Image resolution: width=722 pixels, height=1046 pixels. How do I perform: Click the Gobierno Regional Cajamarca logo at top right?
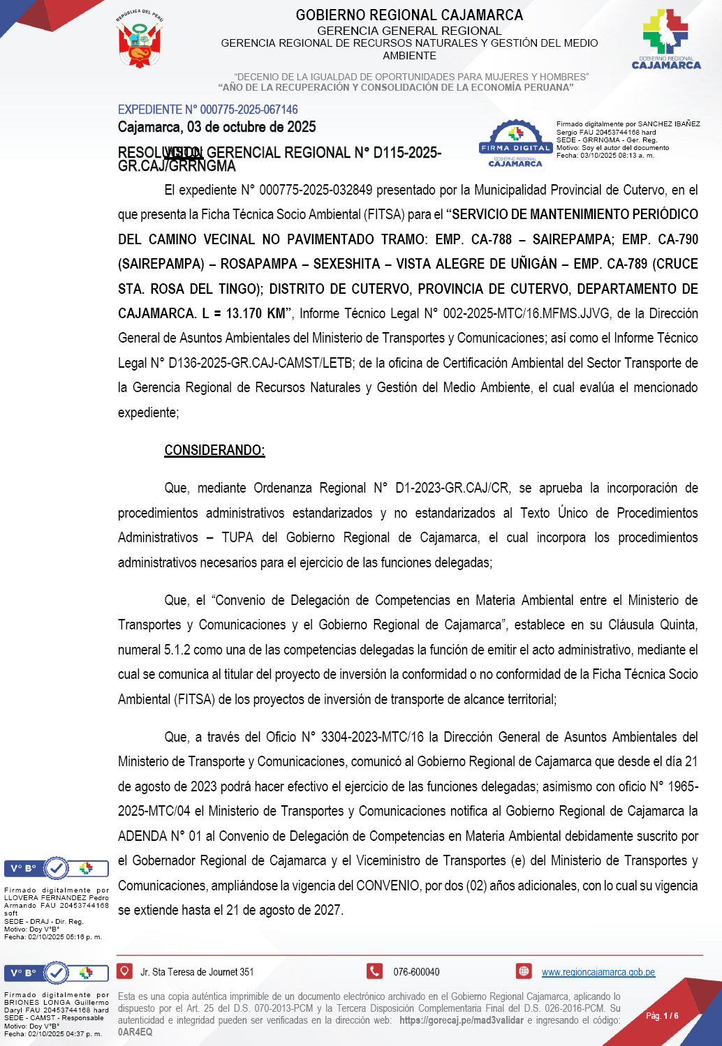(665, 39)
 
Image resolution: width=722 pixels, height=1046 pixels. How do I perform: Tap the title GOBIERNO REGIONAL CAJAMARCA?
(409, 15)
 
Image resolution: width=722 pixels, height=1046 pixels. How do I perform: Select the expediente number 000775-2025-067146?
(249, 110)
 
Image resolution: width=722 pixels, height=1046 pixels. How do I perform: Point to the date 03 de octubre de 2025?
(251, 127)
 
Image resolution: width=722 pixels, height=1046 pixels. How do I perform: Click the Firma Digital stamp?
(515, 144)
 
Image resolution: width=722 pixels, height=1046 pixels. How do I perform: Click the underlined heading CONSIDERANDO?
(214, 450)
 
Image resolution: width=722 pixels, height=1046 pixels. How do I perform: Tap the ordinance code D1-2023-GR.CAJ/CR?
(452, 488)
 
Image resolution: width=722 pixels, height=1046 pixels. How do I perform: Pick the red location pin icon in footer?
(124, 971)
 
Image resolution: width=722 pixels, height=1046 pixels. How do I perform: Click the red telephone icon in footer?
(375, 971)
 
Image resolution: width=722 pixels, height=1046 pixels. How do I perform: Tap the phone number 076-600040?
(416, 972)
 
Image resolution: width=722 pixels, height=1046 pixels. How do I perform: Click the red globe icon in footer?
(524, 971)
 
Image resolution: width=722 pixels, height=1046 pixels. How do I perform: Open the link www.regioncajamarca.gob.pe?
(598, 972)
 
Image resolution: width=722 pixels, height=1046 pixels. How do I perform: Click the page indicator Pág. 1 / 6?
(661, 1015)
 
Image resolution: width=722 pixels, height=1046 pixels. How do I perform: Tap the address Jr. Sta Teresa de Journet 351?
(197, 972)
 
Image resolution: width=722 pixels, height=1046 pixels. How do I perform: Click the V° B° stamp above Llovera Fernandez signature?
(57, 869)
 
